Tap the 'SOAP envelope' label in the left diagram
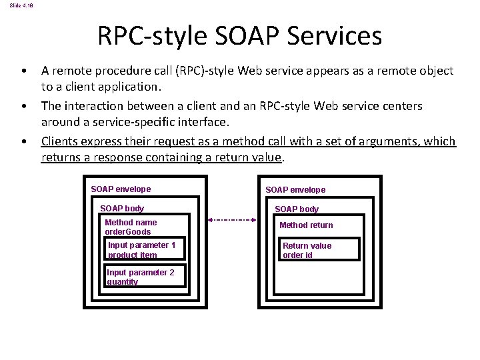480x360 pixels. coord(121,189)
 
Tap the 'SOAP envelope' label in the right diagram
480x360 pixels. coord(295,190)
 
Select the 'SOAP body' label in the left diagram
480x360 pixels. coord(121,209)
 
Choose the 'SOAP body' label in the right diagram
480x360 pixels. coord(297,209)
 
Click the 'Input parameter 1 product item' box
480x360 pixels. coord(145,250)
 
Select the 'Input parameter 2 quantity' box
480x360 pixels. coord(145,277)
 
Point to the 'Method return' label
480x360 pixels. coord(306,225)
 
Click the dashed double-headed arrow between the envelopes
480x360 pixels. coord(231,219)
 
